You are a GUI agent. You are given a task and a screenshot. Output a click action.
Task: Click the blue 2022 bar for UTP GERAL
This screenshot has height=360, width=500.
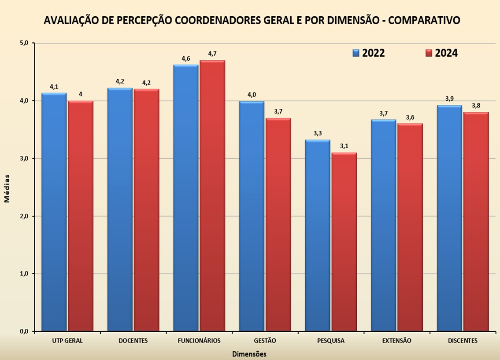tap(54, 211)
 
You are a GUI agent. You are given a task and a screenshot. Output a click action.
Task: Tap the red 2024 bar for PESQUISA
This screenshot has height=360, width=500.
tap(344, 242)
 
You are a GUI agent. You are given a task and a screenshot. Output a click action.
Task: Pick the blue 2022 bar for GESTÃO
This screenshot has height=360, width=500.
tap(252, 216)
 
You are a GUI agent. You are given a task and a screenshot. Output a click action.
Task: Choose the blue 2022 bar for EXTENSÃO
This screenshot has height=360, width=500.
tap(383, 224)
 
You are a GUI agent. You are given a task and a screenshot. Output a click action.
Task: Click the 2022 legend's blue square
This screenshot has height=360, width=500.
tap(356, 53)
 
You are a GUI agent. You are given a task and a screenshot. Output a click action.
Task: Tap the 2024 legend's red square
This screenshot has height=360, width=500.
tap(429, 53)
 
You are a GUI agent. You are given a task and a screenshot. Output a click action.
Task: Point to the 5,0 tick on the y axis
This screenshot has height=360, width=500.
tap(24, 43)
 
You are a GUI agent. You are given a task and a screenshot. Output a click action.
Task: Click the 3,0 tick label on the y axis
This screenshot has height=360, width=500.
tap(24, 158)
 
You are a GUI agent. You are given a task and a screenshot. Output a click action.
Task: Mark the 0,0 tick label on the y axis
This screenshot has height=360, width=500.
tap(24, 331)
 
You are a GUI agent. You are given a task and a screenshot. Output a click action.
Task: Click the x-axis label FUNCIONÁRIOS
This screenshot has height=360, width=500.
tap(199, 341)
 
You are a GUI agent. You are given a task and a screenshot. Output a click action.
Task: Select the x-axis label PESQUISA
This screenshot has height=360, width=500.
tap(331, 341)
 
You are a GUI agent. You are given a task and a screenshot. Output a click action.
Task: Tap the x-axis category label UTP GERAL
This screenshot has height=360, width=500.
tap(67, 341)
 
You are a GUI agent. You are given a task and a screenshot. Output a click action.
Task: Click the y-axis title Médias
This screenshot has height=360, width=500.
tap(7, 188)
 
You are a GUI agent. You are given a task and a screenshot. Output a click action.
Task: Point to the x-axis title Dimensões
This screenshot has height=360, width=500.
tap(249, 354)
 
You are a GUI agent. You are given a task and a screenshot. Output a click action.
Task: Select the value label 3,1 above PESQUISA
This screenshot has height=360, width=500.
tap(344, 146)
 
